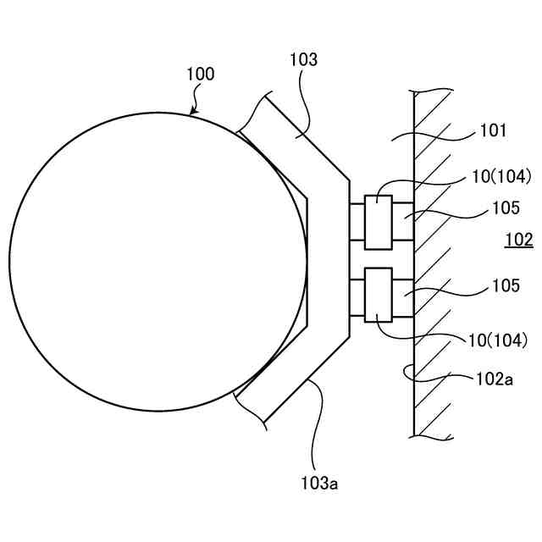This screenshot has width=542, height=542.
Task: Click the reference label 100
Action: (x=201, y=75)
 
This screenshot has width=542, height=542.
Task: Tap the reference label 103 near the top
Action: (x=302, y=60)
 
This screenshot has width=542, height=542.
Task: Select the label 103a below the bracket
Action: (x=321, y=484)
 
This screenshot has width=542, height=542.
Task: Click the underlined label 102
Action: (x=518, y=241)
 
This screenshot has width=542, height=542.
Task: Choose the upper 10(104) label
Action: (x=502, y=177)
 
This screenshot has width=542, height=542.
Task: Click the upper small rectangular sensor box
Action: (x=378, y=222)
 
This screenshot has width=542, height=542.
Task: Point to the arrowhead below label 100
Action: (x=194, y=110)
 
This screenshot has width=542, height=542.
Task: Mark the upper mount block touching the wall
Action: (x=403, y=222)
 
